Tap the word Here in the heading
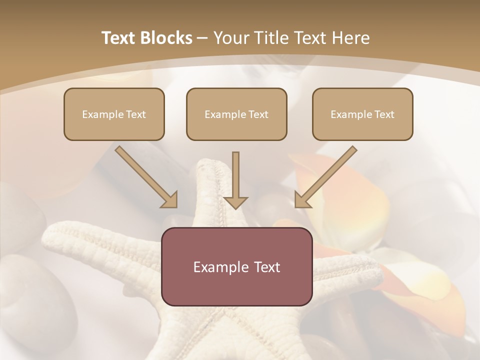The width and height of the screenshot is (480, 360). (x=351, y=38)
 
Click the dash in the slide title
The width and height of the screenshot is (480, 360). (x=202, y=38)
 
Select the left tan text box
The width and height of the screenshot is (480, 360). (x=114, y=114)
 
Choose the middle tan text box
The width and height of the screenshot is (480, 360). (x=236, y=114)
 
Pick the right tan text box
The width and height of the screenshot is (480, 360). (x=362, y=114)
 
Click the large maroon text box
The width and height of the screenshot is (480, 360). (x=236, y=266)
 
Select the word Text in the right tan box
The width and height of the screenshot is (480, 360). (x=384, y=114)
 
